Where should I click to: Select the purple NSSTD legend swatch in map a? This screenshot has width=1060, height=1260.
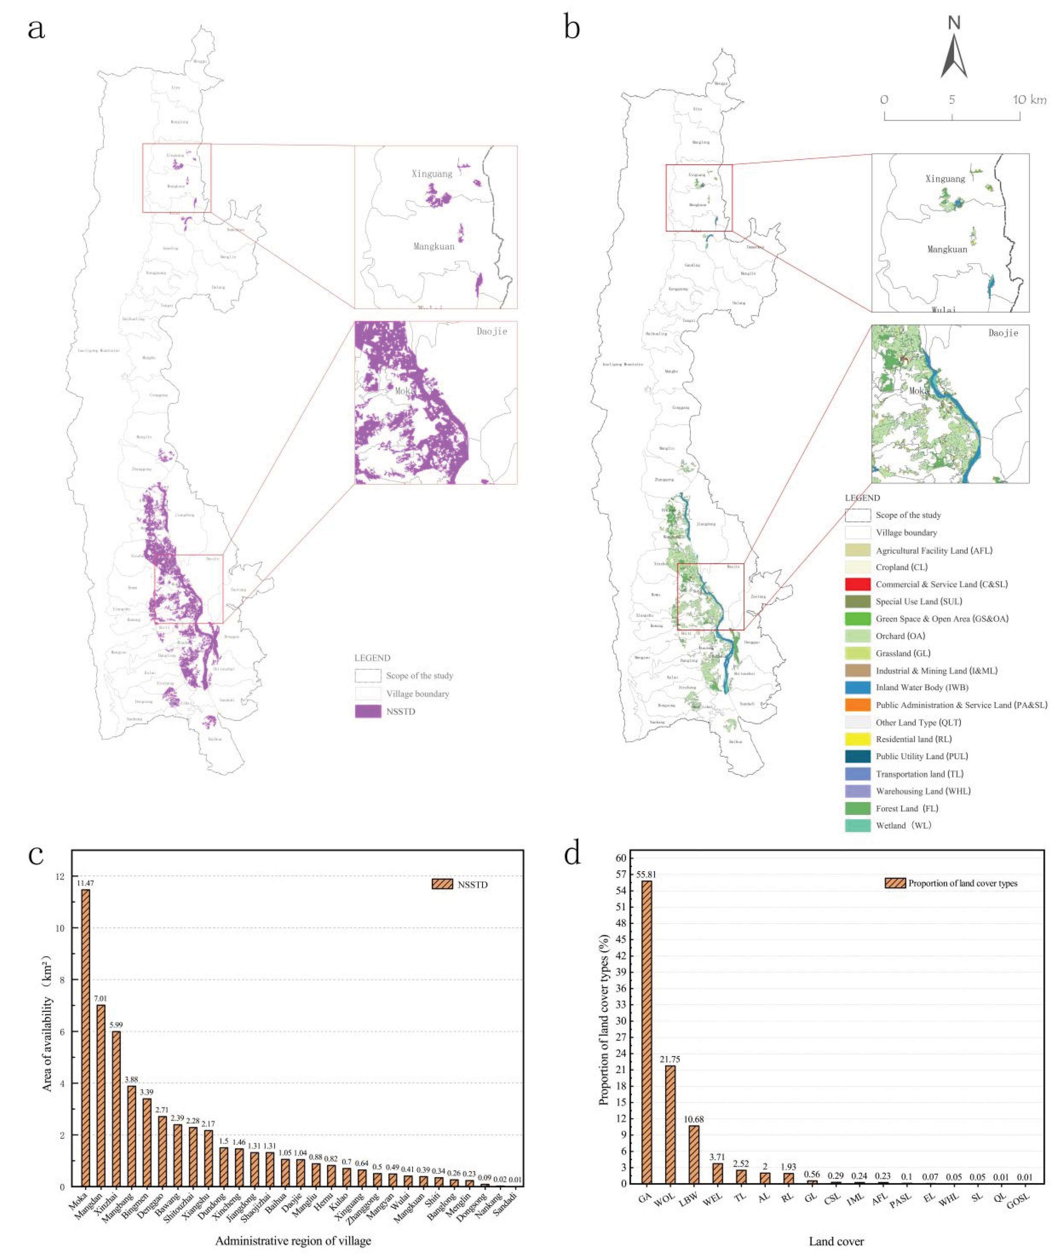click(368, 711)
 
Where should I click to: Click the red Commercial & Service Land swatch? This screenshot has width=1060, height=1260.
click(858, 584)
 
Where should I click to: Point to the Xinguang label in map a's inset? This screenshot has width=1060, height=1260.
click(431, 174)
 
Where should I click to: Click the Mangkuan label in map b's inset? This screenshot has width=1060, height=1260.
click(947, 249)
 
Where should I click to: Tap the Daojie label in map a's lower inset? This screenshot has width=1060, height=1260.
click(491, 331)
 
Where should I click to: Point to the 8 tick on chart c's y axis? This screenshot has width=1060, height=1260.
click(60, 980)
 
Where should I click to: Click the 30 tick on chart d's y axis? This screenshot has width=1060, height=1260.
click(621, 1021)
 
